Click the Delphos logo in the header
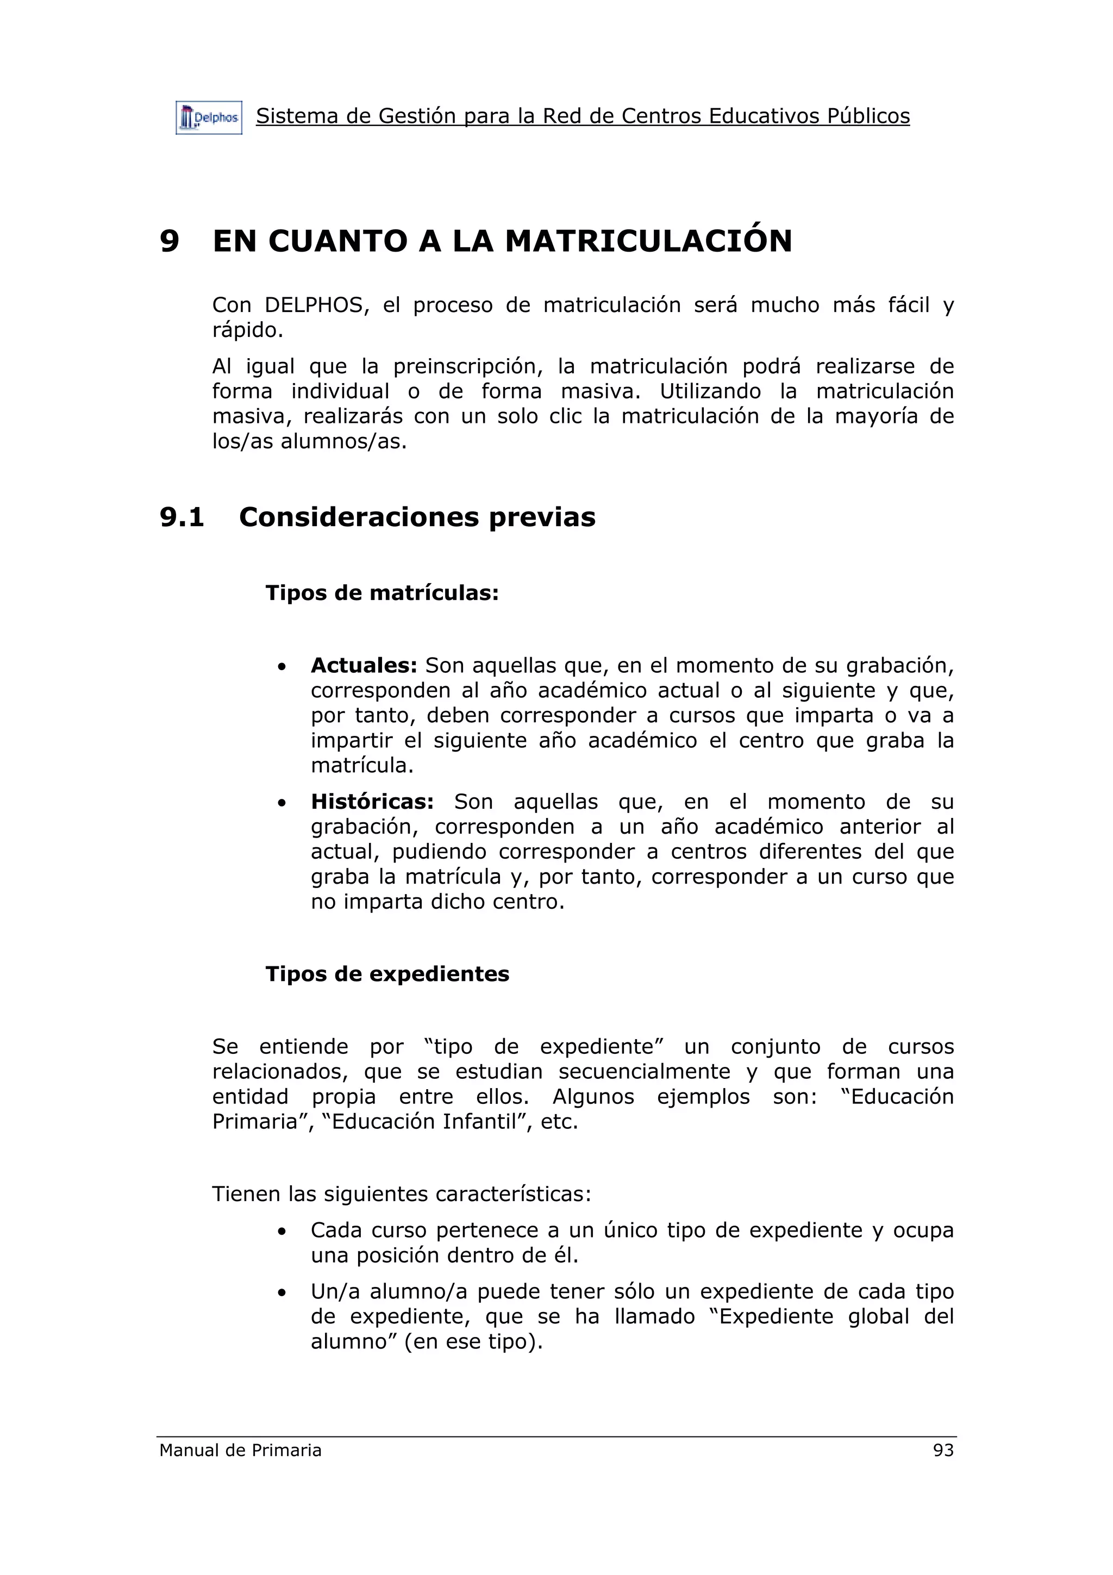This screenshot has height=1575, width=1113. (x=209, y=118)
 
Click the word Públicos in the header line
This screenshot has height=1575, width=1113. (x=868, y=117)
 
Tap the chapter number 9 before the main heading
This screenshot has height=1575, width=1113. (x=170, y=241)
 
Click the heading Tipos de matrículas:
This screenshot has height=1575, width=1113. (x=382, y=593)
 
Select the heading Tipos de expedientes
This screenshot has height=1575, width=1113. (x=387, y=974)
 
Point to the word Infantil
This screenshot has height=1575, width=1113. (x=479, y=1122)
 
